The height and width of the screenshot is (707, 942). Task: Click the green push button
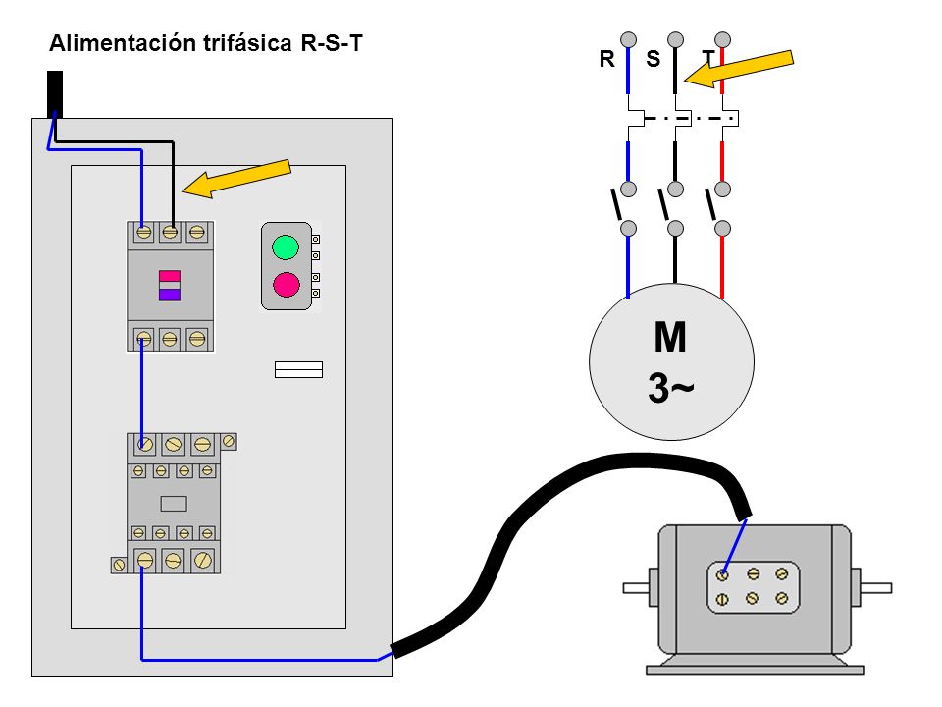(286, 247)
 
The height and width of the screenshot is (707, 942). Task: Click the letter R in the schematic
(606, 59)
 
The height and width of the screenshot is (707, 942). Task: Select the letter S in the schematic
(654, 59)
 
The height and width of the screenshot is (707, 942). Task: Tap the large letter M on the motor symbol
(670, 337)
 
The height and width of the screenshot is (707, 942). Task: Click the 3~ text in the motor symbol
(671, 388)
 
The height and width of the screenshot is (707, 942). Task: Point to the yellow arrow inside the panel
(236, 179)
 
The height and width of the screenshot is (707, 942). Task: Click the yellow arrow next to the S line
(739, 69)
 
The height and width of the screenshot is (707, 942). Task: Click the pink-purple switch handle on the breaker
(170, 285)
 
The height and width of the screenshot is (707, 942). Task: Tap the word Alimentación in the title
(123, 43)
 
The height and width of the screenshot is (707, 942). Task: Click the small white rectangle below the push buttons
(298, 370)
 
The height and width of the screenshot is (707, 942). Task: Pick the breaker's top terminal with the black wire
(170, 232)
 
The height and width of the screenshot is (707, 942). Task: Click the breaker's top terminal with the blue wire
(143, 232)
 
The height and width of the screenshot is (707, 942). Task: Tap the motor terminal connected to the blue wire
(722, 575)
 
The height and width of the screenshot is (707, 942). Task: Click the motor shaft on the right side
(876, 588)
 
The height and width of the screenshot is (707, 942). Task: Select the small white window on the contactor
(174, 503)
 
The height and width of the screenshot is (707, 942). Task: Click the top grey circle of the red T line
(723, 39)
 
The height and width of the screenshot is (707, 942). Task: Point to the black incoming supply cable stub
(55, 94)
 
